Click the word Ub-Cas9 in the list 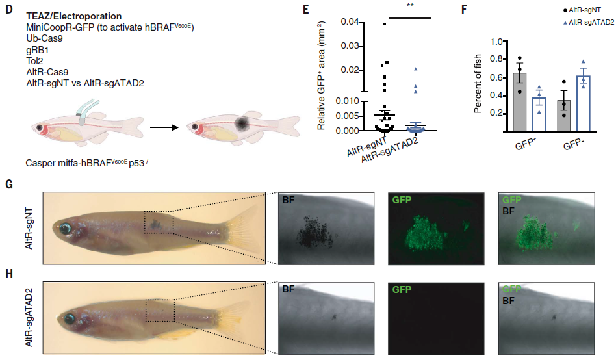click(44, 39)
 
